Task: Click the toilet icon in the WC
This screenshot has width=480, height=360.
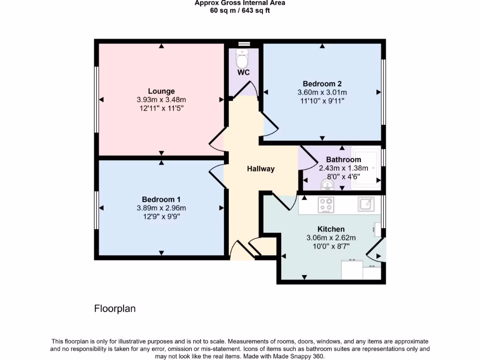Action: [242, 60]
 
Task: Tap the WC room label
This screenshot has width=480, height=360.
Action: [243, 73]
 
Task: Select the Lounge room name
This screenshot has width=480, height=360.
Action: [161, 91]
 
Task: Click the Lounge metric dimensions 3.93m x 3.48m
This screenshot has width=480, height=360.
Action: [161, 99]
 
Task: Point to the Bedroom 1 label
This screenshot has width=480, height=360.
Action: [161, 199]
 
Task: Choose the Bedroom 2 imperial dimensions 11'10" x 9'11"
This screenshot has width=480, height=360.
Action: [322, 101]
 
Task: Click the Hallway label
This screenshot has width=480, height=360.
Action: [261, 169]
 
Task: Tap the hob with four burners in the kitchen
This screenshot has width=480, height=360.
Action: [326, 204]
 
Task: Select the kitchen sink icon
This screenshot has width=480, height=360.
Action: [366, 203]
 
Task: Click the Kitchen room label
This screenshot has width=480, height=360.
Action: [331, 229]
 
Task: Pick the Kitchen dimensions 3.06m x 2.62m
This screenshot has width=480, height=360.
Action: [331, 238]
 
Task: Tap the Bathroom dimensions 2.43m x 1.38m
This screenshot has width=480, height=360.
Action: [344, 168]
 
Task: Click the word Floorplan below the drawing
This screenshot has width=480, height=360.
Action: [115, 309]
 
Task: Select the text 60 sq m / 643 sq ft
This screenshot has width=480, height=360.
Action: [240, 10]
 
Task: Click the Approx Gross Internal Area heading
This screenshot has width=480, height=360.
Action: [240, 3]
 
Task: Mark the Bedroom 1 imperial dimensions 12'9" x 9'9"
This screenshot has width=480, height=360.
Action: [161, 216]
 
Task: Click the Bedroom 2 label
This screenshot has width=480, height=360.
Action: [322, 84]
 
